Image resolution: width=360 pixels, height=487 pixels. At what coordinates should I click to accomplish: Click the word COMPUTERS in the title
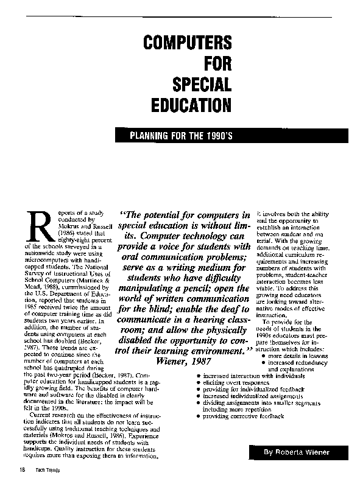[187, 43]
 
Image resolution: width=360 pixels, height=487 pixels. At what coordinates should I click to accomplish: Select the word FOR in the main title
[216, 63]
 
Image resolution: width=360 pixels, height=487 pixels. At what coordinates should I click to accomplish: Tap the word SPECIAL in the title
[202, 84]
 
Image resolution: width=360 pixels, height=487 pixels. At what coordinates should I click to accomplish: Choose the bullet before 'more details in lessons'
[263, 356]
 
